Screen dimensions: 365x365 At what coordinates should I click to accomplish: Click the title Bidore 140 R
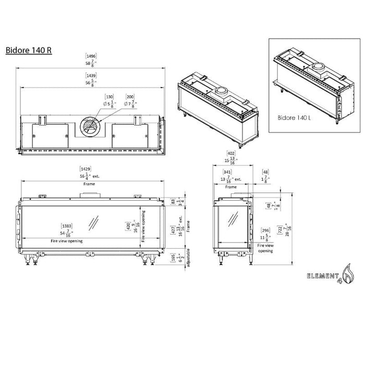click(28, 51)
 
